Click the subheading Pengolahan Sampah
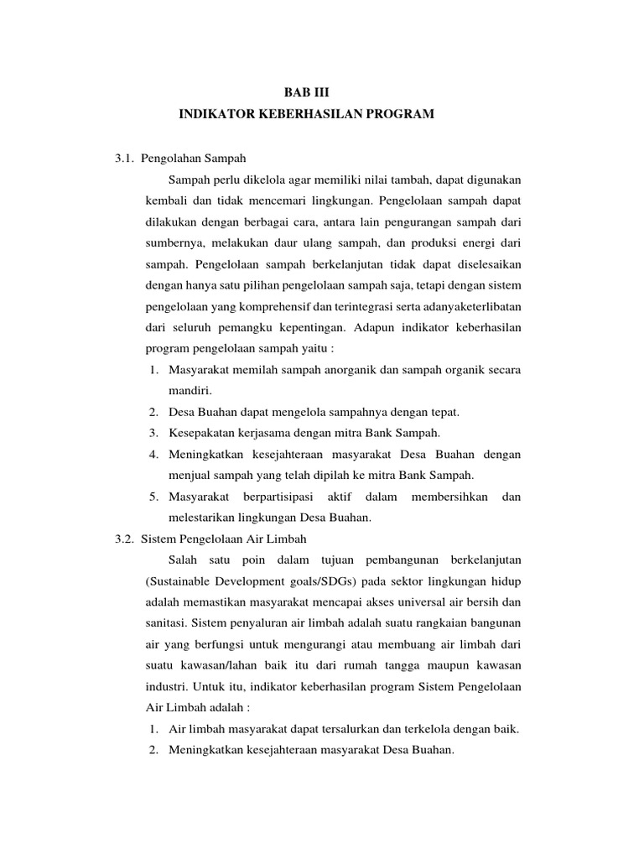193,157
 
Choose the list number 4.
154,455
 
